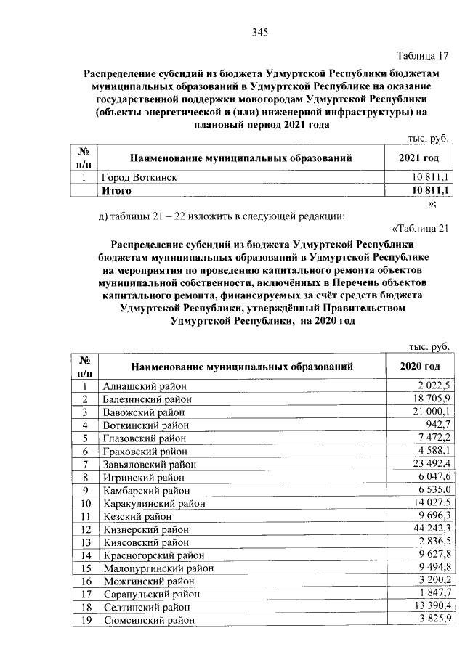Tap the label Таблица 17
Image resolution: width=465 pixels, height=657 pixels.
[x=423, y=56]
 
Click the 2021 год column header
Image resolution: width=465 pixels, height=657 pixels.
[x=419, y=158]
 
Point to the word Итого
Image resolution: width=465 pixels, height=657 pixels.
[x=116, y=190]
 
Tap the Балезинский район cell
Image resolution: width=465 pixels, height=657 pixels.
[x=147, y=399]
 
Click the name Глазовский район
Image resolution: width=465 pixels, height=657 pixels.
[x=145, y=438]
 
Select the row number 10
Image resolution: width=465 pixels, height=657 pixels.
[x=85, y=502]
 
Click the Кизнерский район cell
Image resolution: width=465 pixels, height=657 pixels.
[x=145, y=529]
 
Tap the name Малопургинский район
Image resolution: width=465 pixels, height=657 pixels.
[x=155, y=568]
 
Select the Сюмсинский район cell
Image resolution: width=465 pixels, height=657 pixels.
[x=148, y=620]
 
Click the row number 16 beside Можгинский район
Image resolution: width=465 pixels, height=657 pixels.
[x=85, y=581]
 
